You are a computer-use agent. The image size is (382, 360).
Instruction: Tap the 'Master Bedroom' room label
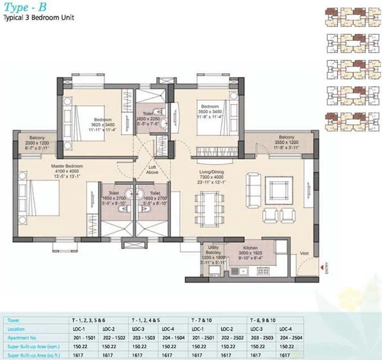coord(67,166)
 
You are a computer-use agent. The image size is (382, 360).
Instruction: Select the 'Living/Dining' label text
coord(211,172)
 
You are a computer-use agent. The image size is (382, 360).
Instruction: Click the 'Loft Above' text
coord(152,170)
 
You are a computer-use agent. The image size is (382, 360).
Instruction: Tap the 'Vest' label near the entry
coord(304,253)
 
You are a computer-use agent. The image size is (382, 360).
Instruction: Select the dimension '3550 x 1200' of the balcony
coord(286,142)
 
